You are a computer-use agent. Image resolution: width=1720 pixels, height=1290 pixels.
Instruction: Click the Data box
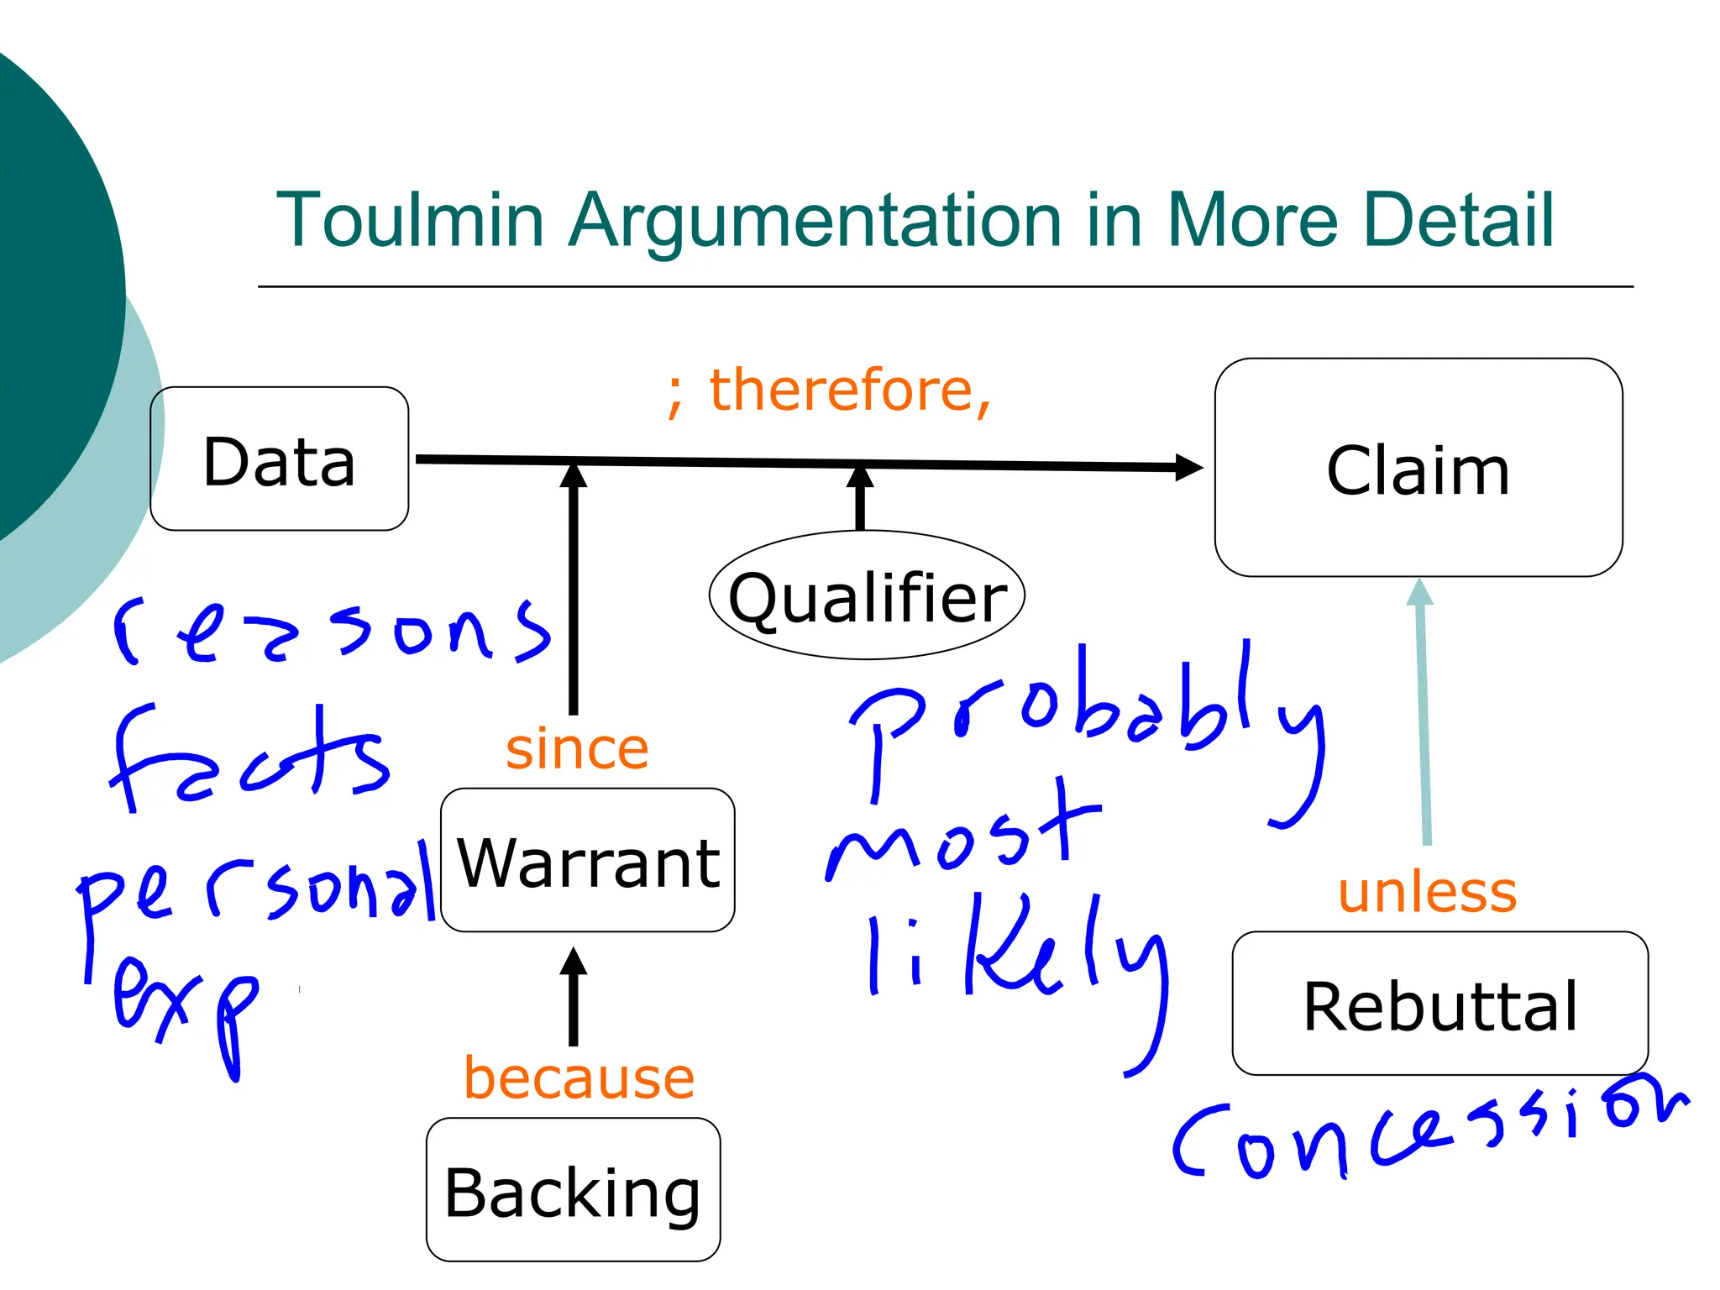point(279,459)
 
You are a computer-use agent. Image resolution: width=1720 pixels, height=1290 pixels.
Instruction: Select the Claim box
point(1418,468)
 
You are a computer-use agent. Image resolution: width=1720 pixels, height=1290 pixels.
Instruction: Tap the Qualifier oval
point(867,595)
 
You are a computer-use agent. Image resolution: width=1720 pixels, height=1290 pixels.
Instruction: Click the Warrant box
point(587,860)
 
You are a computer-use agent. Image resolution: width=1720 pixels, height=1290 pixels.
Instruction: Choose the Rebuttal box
point(1439,1004)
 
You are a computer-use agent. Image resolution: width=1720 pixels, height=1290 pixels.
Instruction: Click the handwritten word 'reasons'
point(332,632)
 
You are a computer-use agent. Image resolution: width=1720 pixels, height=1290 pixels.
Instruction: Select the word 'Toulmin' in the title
point(410,220)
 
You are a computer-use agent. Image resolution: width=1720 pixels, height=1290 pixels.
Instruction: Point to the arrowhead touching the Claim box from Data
point(1188,467)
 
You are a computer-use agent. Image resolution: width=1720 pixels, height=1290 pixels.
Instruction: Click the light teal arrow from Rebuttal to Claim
point(1423,714)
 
